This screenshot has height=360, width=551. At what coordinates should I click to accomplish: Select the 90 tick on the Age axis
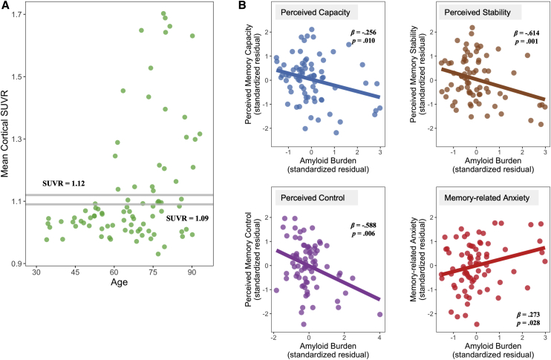click(192, 274)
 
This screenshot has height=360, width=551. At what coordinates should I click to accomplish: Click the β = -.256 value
click(366, 35)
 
